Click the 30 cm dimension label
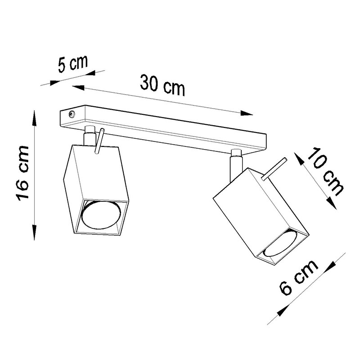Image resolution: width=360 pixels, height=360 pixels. (x=162, y=86)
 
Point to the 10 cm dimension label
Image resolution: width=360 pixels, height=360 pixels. (x=325, y=171)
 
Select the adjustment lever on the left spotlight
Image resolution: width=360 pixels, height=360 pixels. (x=99, y=141)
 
